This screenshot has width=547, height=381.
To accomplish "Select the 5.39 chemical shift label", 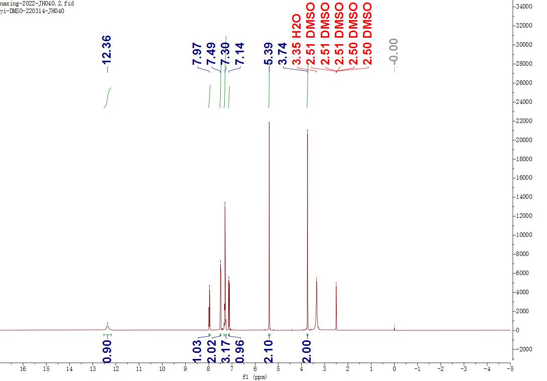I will [269, 53].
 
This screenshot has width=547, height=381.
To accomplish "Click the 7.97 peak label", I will [197, 53].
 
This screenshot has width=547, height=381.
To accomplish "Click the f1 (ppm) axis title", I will [255, 377].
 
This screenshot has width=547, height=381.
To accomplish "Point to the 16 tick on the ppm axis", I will [23, 369].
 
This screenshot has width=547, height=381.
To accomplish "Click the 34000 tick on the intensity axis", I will [526, 7].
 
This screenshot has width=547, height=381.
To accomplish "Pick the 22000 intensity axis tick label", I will [526, 121].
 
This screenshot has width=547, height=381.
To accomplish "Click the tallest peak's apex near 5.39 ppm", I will [269, 122].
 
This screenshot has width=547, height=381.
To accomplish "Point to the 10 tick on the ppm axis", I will [162, 369].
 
